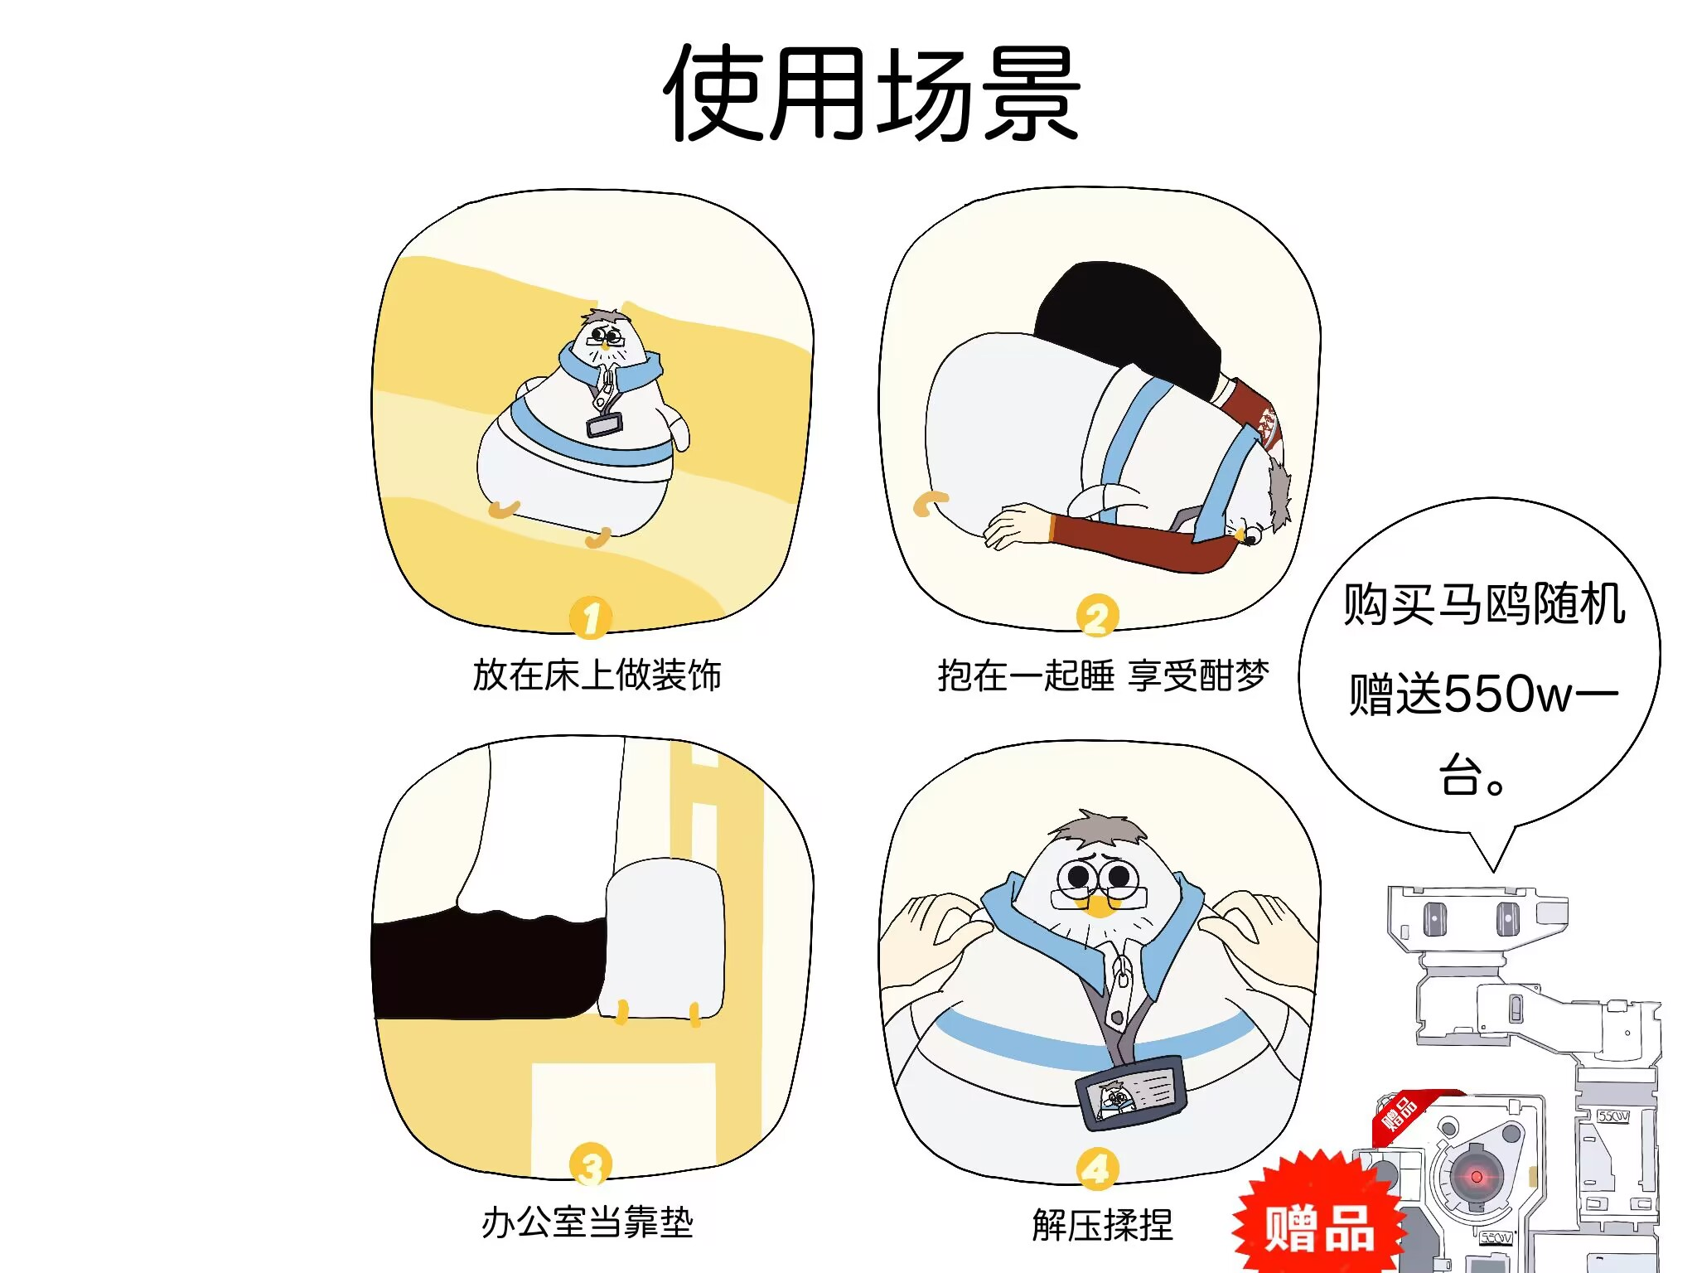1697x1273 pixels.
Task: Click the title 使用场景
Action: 872,93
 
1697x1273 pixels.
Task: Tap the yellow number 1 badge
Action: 591,617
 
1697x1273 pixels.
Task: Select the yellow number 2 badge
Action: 1097,617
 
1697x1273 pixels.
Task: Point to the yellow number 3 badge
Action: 591,1164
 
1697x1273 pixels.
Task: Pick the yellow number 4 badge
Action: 1097,1169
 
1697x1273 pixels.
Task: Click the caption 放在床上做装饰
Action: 597,675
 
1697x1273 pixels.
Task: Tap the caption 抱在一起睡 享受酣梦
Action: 1103,675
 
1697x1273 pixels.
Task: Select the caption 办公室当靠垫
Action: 587,1222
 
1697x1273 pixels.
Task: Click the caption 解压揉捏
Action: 1103,1225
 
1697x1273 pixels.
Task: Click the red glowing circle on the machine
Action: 1476,1177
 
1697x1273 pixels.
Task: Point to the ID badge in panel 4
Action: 1132,1091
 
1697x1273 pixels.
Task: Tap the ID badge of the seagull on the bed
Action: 605,425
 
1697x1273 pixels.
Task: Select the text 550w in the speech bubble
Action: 1507,695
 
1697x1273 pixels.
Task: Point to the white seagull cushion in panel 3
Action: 665,941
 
